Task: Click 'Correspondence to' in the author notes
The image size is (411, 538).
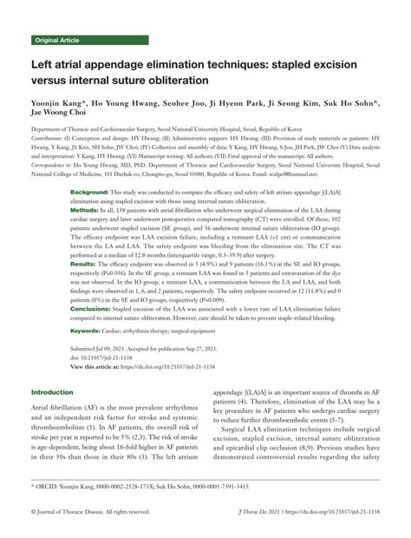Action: [54, 162]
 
